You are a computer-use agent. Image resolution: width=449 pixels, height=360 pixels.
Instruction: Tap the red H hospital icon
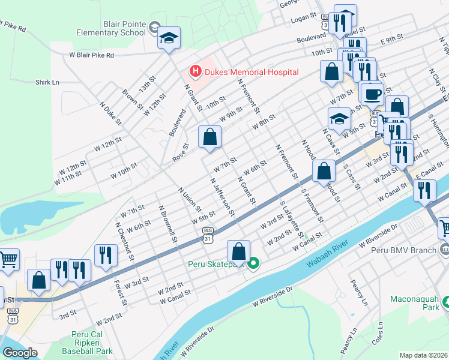pyautogui.click(x=195, y=72)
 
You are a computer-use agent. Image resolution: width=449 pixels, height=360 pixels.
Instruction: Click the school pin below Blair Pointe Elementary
pyautogui.click(x=169, y=38)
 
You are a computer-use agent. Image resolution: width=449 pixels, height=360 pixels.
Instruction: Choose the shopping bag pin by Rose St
pyautogui.click(x=209, y=137)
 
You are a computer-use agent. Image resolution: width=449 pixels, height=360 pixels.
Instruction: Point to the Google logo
pyautogui.click(x=20, y=353)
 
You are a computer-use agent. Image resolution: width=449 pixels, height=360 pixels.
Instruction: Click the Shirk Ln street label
pyautogui.click(x=47, y=82)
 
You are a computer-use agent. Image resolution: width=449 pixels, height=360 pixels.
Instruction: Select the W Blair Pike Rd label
pyautogui.click(x=91, y=55)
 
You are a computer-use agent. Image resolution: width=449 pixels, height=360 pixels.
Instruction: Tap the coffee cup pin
pyautogui.click(x=372, y=93)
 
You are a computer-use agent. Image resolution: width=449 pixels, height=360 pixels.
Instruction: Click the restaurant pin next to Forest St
pyautogui.click(x=106, y=255)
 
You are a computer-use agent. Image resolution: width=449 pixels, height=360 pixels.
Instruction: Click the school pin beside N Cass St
pyautogui.click(x=339, y=119)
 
